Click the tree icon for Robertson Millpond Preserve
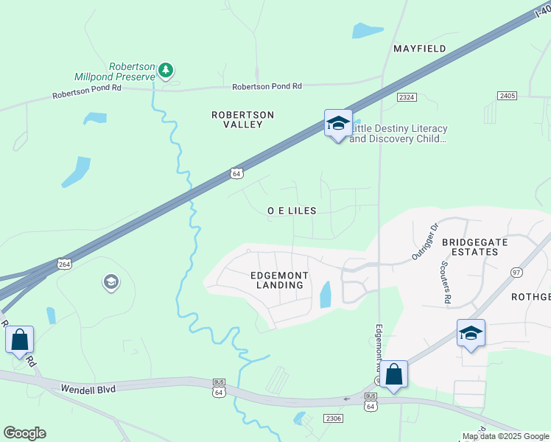tap(166, 70)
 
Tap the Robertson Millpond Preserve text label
tap(115, 71)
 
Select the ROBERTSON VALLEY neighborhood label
tap(242, 119)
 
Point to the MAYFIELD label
tap(419, 49)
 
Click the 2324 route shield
tap(406, 97)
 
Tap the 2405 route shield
tap(507, 96)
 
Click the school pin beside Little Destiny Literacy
tap(338, 124)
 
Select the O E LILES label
tap(292, 211)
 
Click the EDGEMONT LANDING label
tap(279, 280)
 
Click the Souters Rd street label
tap(445, 281)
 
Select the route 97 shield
tap(516, 273)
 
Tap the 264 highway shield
tap(64, 263)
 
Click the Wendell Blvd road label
tap(88, 388)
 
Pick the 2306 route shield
tap(333, 418)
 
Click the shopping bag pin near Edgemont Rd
tap(394, 375)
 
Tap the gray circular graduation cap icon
tap(110, 282)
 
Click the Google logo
tap(24, 433)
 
